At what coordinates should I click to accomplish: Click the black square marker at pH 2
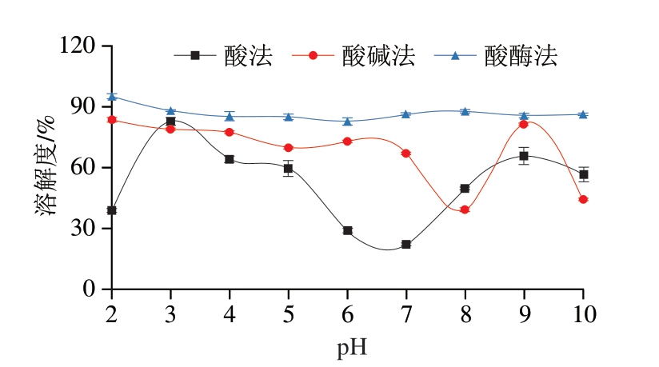click(112, 210)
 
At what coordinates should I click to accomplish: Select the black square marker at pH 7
click(405, 245)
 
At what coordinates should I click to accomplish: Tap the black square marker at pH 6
click(347, 230)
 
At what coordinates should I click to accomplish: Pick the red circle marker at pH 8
click(465, 209)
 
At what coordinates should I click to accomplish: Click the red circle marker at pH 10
click(583, 199)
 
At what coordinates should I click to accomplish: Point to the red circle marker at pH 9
click(524, 124)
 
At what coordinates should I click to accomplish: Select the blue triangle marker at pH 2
click(112, 97)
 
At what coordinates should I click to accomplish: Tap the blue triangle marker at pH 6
click(347, 122)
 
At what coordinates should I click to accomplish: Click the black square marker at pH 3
click(170, 122)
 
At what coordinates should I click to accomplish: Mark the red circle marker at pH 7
click(405, 153)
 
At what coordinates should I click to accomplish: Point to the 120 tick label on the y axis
click(79, 46)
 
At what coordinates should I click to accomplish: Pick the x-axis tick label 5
click(288, 313)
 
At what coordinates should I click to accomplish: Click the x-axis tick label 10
click(582, 313)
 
